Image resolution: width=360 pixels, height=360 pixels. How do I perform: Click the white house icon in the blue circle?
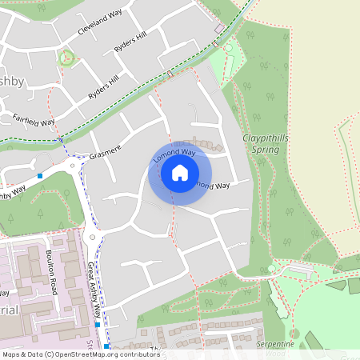pos(180,173)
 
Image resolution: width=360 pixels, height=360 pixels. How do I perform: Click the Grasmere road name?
pos(104,153)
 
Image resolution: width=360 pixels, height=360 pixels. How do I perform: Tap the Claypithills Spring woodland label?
pos(265,143)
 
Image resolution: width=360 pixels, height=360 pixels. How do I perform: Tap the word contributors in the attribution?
pos(139,354)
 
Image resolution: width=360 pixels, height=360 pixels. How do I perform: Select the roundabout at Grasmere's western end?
pos(76,166)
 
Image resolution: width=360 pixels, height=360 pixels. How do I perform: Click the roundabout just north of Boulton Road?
pos(93,238)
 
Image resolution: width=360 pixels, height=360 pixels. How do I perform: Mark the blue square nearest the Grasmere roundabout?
pos(40,175)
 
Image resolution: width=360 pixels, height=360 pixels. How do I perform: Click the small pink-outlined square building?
pos(219,29)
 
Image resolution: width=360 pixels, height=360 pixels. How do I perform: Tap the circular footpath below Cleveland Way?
pos(67,58)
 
